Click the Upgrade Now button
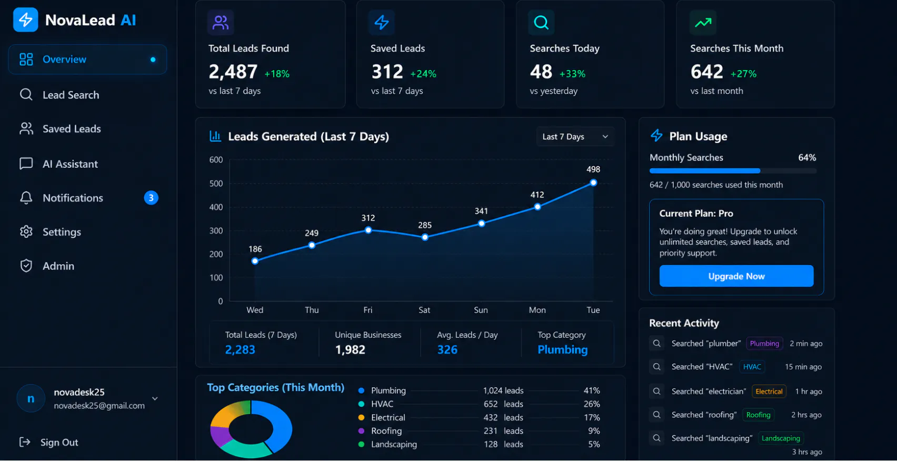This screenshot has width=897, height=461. click(736, 276)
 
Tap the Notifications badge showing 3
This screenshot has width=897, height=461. click(151, 198)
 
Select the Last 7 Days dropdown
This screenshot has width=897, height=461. click(575, 136)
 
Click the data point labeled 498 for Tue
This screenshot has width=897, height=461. click(593, 183)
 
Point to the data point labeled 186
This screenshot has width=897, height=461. click(255, 261)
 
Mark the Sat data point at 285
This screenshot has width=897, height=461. click(425, 237)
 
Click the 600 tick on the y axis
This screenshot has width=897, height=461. click(216, 159)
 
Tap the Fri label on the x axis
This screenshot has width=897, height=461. click(367, 310)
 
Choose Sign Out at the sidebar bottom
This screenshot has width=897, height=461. click(49, 442)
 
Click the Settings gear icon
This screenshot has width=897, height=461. click(26, 232)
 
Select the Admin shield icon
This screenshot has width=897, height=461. click(26, 266)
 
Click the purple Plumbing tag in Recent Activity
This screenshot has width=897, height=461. click(764, 343)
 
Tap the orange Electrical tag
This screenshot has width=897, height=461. click(769, 392)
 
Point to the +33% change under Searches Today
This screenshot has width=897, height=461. click(572, 74)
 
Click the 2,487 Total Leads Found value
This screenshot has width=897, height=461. click(233, 72)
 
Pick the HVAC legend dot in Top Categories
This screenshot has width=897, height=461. click(361, 404)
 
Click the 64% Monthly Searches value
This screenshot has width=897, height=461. click(807, 157)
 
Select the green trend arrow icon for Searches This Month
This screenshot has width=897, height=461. click(703, 23)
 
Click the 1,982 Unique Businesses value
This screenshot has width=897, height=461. click(350, 350)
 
